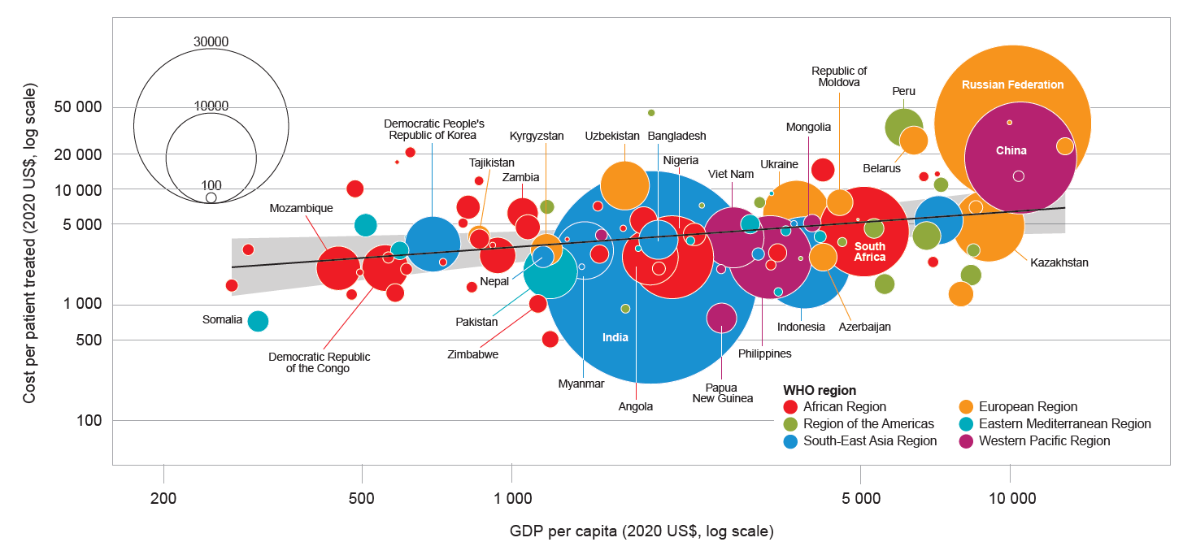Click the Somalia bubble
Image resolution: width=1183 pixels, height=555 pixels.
[x=258, y=321]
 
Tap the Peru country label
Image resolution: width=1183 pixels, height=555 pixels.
[x=903, y=91]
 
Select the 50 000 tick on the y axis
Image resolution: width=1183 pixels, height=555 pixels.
[x=79, y=107]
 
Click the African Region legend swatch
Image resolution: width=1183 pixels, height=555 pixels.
[x=789, y=407]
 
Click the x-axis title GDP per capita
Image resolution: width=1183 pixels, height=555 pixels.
[x=642, y=532]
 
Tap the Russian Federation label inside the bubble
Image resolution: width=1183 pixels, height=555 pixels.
[x=1012, y=85]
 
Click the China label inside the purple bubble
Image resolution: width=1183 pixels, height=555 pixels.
[x=1011, y=150]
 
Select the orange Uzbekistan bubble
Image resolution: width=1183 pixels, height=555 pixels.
[x=624, y=185]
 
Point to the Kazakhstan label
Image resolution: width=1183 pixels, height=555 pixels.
[x=1059, y=262]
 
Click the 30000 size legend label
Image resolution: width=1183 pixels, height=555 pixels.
[x=211, y=41]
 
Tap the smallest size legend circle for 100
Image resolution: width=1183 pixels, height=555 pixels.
[x=211, y=197]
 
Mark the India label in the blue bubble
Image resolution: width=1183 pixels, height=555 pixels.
[x=615, y=337]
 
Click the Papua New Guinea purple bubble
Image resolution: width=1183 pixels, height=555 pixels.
[x=721, y=318]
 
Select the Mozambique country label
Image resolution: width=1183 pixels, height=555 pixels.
[x=301, y=209]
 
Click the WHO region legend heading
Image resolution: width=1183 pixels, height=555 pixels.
[x=819, y=390]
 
